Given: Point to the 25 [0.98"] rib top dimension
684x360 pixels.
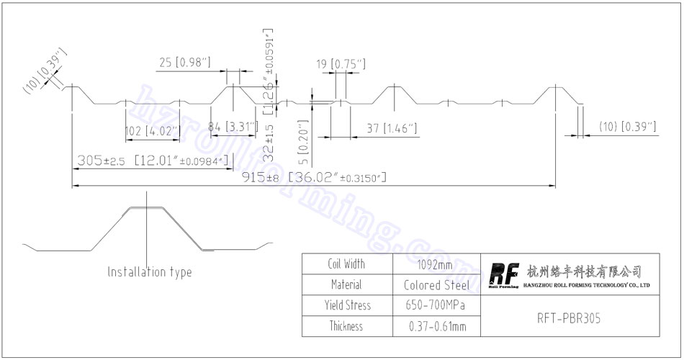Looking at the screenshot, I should [184, 63].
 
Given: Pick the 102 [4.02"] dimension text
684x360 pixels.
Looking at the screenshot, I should [152, 132].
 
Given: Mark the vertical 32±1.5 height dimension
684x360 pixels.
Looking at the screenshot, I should [269, 141].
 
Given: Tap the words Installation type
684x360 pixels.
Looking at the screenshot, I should [150, 272].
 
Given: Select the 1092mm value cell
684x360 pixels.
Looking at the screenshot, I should [434, 264].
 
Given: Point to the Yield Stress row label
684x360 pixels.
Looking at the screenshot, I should [347, 305].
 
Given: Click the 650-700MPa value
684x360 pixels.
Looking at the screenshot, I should [435, 305].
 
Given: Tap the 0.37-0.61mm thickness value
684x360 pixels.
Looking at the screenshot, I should [434, 326].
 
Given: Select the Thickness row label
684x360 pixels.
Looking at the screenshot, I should [346, 326].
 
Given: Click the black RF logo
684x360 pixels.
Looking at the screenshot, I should [503, 275].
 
